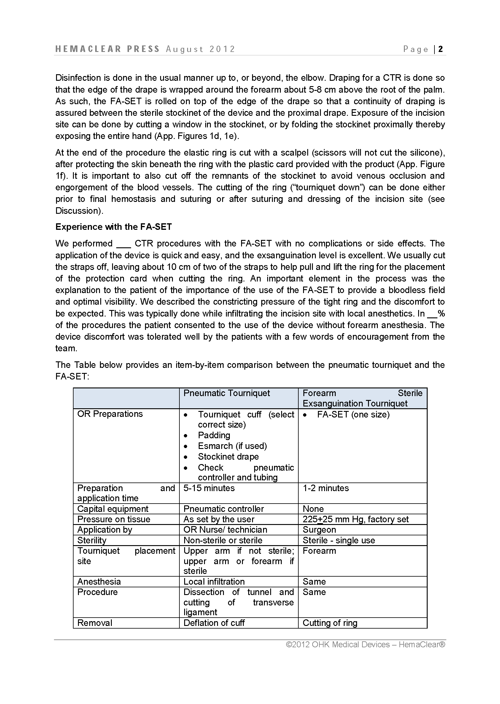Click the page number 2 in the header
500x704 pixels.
coord(441,49)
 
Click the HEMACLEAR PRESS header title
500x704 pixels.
coord(107,49)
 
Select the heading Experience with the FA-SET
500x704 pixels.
coord(113,227)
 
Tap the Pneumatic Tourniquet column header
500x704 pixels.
coord(227,393)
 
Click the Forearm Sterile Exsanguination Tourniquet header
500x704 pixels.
coord(362,398)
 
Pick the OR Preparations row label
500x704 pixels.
coord(110,414)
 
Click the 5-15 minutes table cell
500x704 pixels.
coord(209,488)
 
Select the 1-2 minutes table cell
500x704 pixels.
coord(326,488)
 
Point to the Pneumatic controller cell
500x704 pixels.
coord(224,509)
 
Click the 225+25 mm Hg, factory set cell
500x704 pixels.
coord(356,519)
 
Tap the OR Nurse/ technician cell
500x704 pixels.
coord(225,530)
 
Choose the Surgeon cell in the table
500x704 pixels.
coord(319,530)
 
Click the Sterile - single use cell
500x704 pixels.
coord(339,540)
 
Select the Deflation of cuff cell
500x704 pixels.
coord(214,623)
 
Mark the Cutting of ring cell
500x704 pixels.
coord(330,623)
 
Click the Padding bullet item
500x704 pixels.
coord(214,435)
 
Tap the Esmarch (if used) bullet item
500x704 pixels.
coord(232,446)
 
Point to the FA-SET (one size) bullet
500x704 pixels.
coord(353,415)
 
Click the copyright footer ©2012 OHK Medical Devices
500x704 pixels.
coord(365,645)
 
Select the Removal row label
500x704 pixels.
coord(95,623)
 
